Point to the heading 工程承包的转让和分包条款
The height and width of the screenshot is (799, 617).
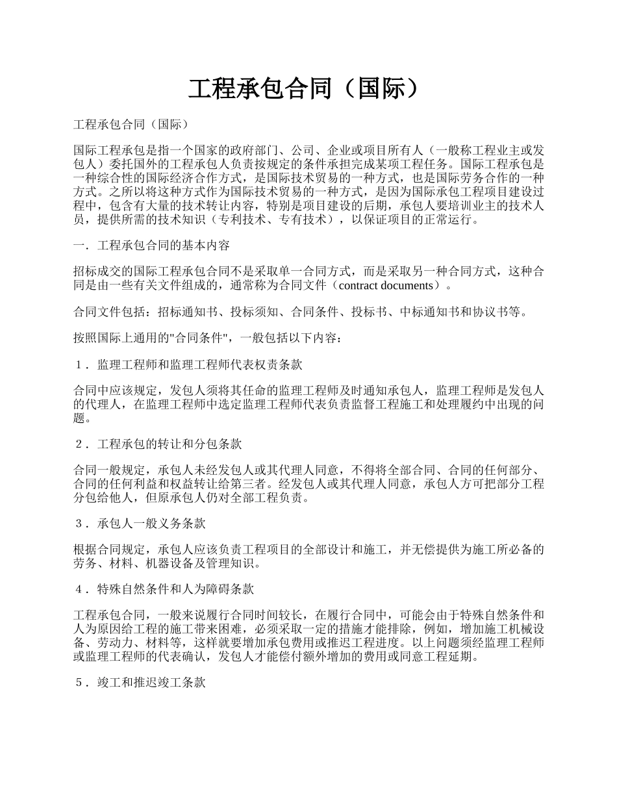point(170,444)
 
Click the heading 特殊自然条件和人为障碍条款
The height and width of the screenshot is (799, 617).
point(175,589)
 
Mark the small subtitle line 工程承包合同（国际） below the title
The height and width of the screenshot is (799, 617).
point(131,123)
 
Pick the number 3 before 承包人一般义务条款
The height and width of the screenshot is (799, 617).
point(79,523)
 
